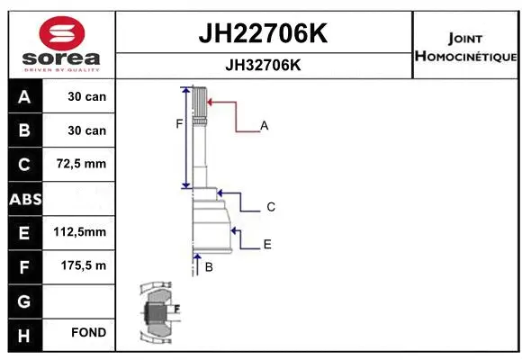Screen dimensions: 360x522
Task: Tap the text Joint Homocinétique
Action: coord(464,48)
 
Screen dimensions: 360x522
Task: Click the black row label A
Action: coord(23,96)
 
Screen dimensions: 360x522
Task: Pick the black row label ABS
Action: coord(23,199)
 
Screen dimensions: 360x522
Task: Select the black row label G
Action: coord(23,300)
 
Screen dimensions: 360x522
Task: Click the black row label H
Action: coord(23,333)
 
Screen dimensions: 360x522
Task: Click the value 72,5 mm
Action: coord(81,164)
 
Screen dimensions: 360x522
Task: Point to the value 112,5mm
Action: coord(80,232)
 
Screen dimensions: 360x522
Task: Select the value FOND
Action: coord(88,333)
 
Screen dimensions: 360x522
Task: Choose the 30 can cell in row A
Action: coord(86,96)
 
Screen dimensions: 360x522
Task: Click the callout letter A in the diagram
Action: coord(265,126)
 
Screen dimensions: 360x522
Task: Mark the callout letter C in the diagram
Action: coord(270,207)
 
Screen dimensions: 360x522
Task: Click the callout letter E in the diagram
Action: coord(267,244)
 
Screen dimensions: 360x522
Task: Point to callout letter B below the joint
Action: coord(208,267)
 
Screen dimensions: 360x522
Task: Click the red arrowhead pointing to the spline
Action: coord(211,103)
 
